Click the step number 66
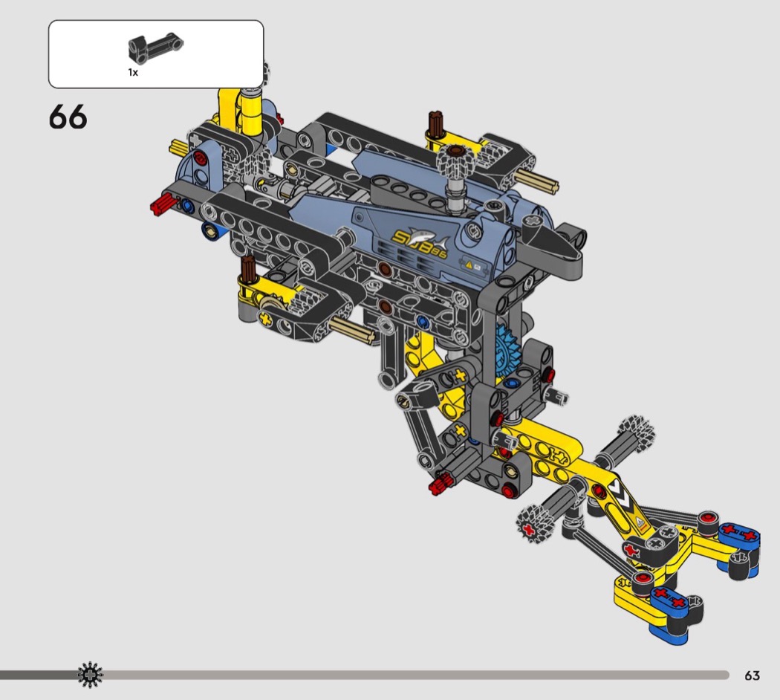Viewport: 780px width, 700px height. (68, 117)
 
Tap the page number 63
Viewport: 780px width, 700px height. (752, 675)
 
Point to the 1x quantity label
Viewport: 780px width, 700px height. (133, 73)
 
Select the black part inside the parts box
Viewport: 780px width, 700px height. (156, 48)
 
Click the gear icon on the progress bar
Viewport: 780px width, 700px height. (91, 675)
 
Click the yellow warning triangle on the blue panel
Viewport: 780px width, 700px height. (468, 265)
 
